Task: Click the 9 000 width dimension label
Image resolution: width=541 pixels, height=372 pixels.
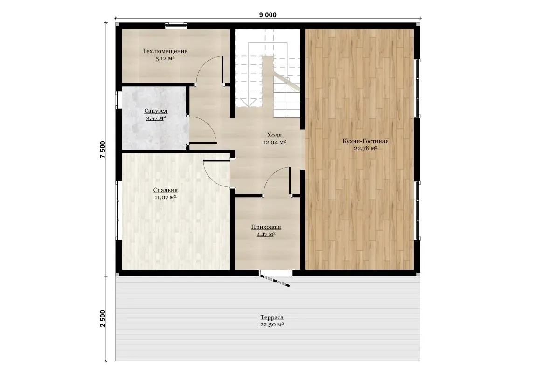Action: [x=268, y=15]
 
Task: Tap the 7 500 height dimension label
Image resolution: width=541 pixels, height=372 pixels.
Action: [x=103, y=150]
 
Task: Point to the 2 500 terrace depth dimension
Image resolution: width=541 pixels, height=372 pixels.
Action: [x=103, y=318]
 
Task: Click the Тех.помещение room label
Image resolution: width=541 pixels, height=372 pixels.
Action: [x=165, y=51]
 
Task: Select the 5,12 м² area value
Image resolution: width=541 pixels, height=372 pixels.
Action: [x=165, y=59]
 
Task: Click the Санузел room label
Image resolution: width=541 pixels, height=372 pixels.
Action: [x=156, y=111]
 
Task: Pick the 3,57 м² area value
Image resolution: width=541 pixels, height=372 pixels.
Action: [x=156, y=118]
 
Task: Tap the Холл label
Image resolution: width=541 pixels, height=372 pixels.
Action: [x=274, y=135]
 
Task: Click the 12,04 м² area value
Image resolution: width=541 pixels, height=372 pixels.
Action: [x=274, y=142]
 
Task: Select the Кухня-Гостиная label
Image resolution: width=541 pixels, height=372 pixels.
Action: [x=365, y=141]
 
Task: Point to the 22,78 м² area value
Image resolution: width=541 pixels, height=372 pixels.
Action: [x=365, y=148]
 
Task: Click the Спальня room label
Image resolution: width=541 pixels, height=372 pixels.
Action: [x=165, y=190]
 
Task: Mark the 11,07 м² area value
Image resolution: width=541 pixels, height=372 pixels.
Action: [x=165, y=197]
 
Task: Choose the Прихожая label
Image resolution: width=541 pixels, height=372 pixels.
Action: [x=266, y=227]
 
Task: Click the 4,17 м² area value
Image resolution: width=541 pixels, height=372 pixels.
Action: [x=266, y=234]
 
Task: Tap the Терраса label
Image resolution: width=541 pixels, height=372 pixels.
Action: [x=272, y=317]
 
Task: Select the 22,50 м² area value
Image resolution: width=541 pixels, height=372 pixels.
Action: [x=272, y=325]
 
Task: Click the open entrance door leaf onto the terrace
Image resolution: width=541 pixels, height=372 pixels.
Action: [x=275, y=280]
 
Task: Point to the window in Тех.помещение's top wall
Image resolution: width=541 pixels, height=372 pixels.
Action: [x=176, y=25]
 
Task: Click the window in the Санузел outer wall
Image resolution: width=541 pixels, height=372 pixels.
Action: [x=118, y=100]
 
